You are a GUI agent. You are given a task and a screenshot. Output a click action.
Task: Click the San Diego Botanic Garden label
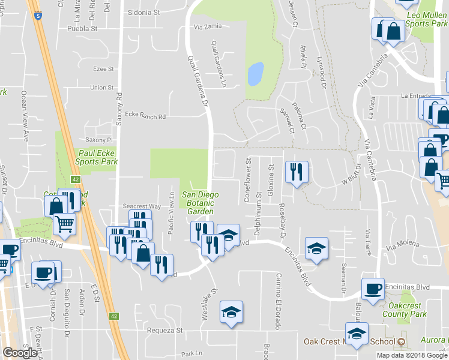click(200, 203)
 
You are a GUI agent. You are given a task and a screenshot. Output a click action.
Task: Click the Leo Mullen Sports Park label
click(426, 19)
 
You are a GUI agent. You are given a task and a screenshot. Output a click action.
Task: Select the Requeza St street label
click(162, 331)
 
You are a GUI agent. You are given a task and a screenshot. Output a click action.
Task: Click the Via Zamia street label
click(207, 26)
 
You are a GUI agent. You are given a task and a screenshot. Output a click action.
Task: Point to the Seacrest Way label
click(142, 206)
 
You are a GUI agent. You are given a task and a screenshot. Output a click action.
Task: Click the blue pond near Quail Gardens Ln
click(255, 73)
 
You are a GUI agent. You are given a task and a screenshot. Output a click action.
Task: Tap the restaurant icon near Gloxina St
click(295, 170)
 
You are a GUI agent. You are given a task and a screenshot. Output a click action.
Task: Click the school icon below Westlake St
click(231, 311)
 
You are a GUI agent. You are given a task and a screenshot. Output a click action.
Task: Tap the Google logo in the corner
click(19, 352)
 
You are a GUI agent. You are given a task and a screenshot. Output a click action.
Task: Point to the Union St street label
click(101, 88)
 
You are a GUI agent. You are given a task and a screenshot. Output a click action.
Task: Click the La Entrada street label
click(416, 95)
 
